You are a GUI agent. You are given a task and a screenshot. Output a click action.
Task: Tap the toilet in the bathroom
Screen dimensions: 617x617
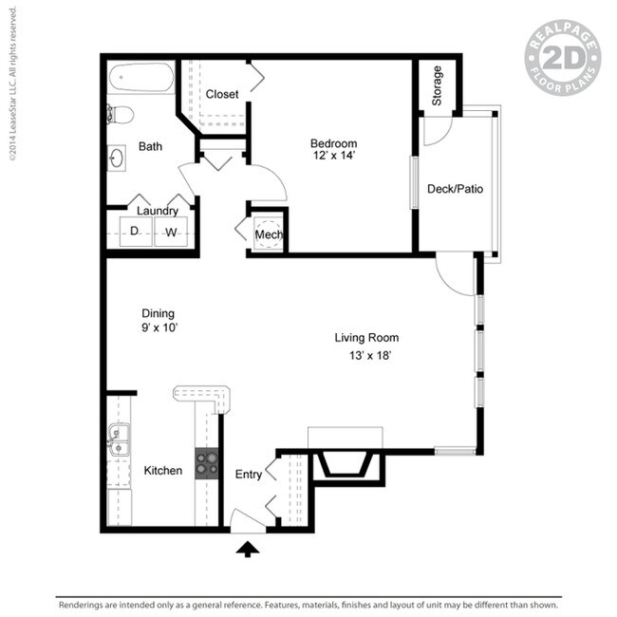point(121,115)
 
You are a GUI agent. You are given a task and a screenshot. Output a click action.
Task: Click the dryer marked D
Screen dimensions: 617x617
point(135,231)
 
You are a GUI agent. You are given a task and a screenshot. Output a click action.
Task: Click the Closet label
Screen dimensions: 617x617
point(222,95)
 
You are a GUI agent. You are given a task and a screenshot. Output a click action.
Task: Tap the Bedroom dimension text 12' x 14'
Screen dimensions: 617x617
point(333,157)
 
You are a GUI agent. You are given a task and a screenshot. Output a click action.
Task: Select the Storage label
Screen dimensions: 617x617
point(438,85)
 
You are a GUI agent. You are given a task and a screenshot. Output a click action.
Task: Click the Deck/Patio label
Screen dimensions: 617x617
point(455,189)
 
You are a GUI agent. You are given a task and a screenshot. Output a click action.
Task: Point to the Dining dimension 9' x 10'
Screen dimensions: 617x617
point(159,327)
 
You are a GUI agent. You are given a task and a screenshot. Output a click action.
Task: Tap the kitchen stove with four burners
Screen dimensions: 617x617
point(207,462)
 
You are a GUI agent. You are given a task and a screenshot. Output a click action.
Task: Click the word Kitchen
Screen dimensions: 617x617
point(162,471)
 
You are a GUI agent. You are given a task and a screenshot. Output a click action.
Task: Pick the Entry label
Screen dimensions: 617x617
point(248,475)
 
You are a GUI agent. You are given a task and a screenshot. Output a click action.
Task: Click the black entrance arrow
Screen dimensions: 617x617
point(247,548)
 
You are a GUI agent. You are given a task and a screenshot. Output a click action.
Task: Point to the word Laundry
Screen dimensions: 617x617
point(158,211)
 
